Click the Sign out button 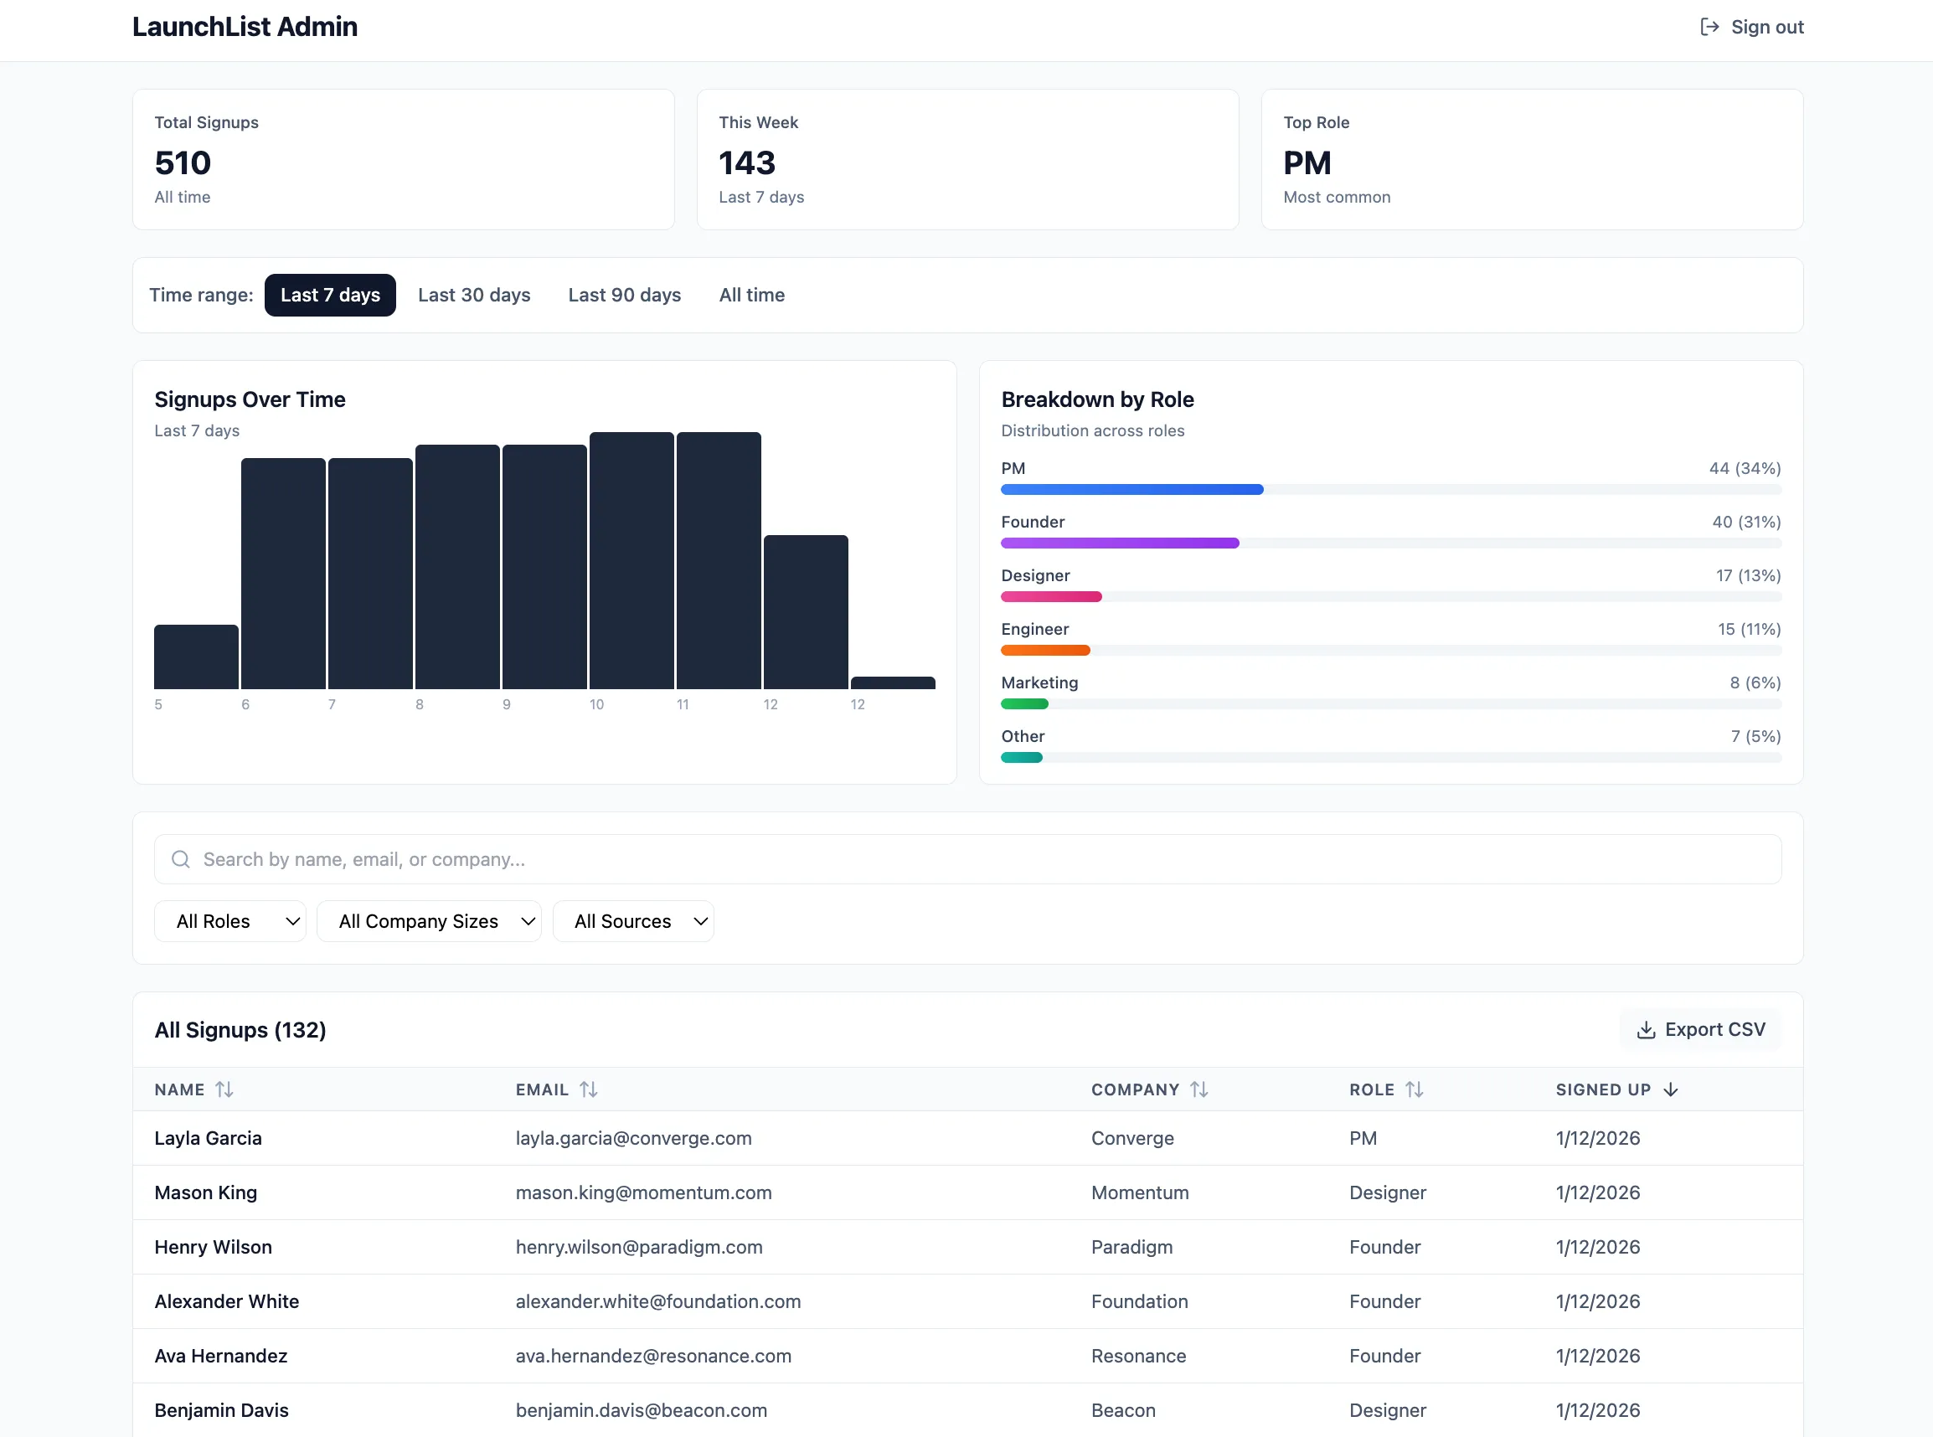click(x=1751, y=27)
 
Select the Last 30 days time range click(x=474, y=295)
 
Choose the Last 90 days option click(x=624, y=295)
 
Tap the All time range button click(x=751, y=295)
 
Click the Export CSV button click(x=1701, y=1029)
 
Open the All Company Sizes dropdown click(x=429, y=921)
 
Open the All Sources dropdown click(x=632, y=921)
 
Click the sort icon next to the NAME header click(x=224, y=1089)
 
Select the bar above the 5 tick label click(x=196, y=657)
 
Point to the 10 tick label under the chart click(x=597, y=704)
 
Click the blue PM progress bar click(x=1131, y=490)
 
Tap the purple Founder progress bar click(x=1120, y=543)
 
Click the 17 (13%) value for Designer click(x=1748, y=576)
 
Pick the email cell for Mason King click(x=643, y=1192)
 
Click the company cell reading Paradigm click(x=1131, y=1247)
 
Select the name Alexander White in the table click(x=226, y=1301)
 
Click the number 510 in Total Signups click(x=183, y=162)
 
